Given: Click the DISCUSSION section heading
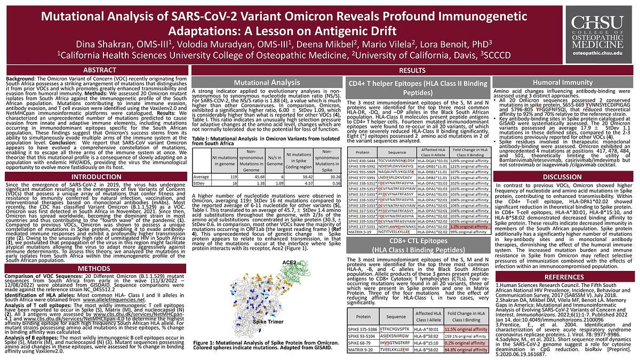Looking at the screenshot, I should pyautogui.click(x=565, y=177).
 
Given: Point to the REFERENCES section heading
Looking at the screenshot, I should pyautogui.click(x=565, y=277).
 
